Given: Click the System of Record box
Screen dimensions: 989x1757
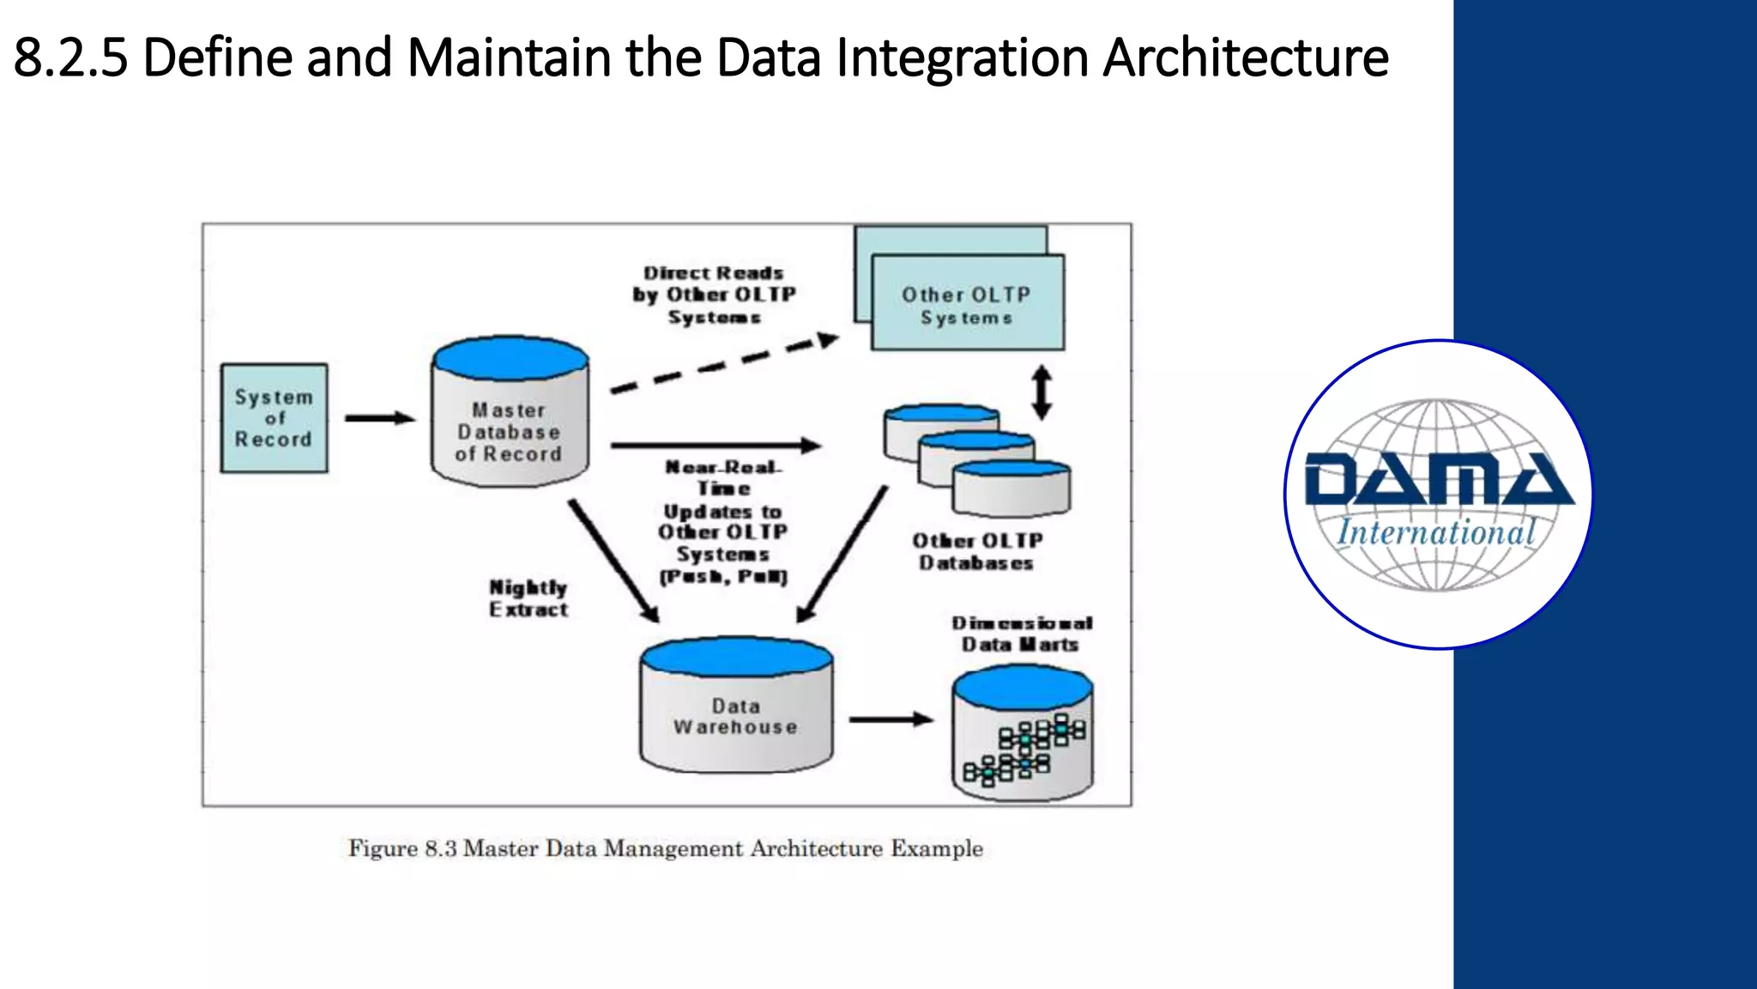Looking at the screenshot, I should click(x=274, y=418).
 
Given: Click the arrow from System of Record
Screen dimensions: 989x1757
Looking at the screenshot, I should click(x=379, y=418).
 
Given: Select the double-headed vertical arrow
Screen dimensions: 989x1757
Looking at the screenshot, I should click(x=1042, y=392).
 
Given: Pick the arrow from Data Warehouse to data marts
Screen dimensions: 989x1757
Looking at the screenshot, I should click(x=891, y=719).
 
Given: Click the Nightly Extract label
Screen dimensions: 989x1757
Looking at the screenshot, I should click(x=528, y=598).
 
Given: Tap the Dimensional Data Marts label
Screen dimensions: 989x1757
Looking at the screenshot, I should click(x=1021, y=634).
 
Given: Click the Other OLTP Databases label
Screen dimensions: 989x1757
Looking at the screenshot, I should click(x=977, y=551).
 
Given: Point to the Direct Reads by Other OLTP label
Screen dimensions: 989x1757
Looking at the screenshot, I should click(x=714, y=294).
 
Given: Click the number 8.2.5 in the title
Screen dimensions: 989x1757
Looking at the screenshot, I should click(x=70, y=58).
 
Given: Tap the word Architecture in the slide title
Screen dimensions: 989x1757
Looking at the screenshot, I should click(x=1245, y=58).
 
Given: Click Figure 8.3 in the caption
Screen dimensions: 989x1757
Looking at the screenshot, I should click(x=402, y=848).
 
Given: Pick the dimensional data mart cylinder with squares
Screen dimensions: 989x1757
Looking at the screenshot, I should click(x=1023, y=738).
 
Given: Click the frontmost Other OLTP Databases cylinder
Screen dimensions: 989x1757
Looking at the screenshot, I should click(x=1011, y=489).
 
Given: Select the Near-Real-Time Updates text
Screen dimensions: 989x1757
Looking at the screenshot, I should click(x=722, y=521).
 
